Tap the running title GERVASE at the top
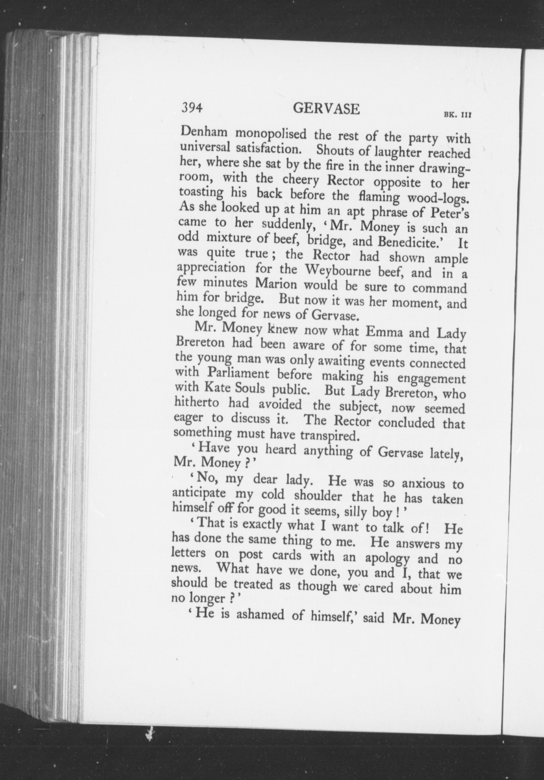point(326,109)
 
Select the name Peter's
point(450,215)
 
